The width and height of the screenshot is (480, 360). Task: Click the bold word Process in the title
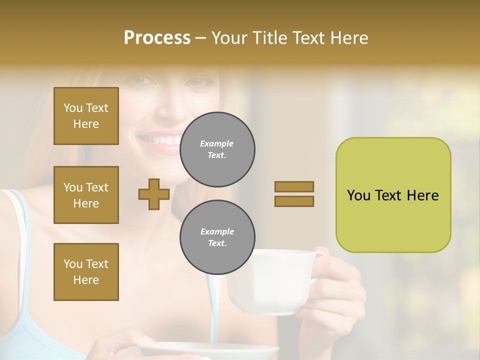(157, 38)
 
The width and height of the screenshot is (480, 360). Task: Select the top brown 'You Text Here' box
(86, 116)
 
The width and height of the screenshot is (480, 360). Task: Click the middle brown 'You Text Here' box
(86, 195)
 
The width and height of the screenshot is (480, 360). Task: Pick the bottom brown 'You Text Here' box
(86, 272)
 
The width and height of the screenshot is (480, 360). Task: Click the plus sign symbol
(154, 194)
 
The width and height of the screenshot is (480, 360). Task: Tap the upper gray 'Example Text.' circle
(217, 149)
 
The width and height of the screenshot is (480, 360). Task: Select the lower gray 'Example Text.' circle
(217, 237)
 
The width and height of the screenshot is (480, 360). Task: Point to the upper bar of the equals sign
(294, 186)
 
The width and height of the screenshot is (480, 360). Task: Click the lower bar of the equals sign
(294, 201)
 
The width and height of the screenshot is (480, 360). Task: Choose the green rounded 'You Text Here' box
(393, 195)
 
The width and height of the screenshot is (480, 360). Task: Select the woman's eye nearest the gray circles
(197, 81)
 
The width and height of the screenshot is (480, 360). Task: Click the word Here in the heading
(348, 38)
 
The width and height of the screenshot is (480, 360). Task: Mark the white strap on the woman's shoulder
(20, 220)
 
